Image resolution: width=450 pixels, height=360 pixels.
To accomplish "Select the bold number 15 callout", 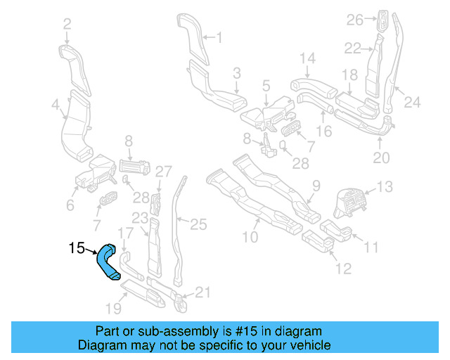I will click(x=77, y=247).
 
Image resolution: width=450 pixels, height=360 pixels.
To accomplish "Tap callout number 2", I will click(x=67, y=25).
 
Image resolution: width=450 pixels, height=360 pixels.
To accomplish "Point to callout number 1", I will click(x=218, y=37).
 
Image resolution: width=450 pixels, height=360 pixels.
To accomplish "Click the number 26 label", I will click(x=354, y=20).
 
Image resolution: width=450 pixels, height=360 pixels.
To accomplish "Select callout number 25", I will click(x=199, y=224).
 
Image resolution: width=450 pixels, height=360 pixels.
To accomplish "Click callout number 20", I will click(x=380, y=158).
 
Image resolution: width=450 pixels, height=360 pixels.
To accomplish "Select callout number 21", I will click(x=202, y=292).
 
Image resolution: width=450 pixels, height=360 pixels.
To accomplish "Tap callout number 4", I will click(x=56, y=105).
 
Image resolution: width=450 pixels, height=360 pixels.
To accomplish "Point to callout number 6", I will click(x=70, y=205).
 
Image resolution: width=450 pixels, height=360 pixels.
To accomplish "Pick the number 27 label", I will click(x=163, y=171).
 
